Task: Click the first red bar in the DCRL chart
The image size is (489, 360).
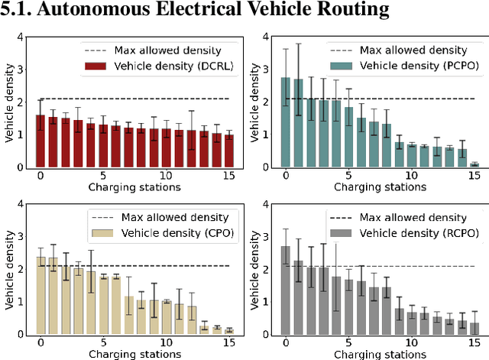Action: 40,141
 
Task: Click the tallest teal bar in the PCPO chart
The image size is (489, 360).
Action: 286,122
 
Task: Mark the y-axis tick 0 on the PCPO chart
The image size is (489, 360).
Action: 267,167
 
